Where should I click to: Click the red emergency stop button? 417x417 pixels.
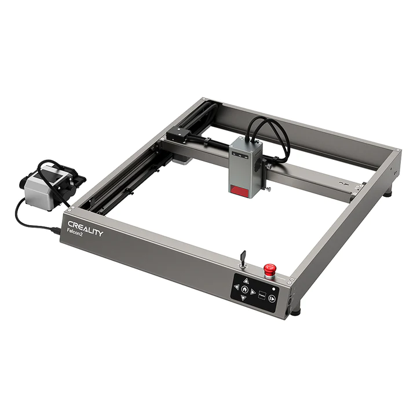269,269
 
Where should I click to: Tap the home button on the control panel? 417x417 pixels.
245,289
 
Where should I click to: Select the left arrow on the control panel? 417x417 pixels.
236,287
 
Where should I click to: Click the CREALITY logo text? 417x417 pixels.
85,227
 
